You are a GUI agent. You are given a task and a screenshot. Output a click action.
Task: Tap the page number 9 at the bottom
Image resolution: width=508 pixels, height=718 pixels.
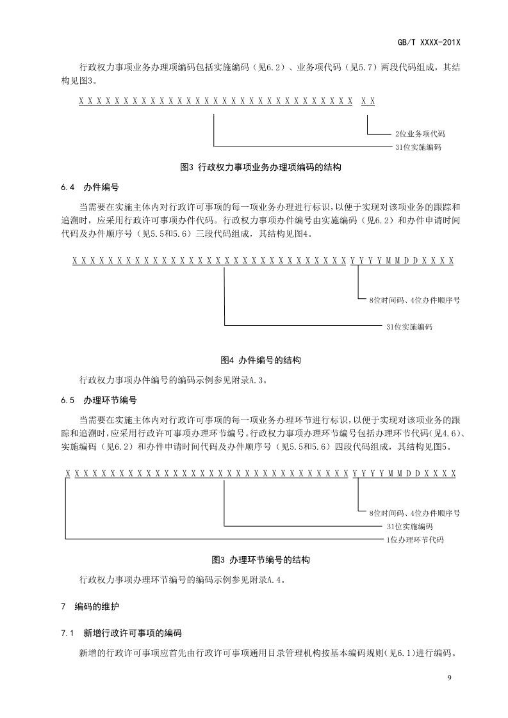[450, 678]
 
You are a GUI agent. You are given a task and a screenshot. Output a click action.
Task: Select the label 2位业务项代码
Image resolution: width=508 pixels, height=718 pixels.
[420, 134]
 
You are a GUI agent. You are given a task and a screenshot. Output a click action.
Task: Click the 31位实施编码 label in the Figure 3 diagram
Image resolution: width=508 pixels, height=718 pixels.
[418, 147]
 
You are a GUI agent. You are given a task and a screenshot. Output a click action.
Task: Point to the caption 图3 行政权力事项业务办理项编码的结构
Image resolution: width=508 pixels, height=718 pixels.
[261, 168]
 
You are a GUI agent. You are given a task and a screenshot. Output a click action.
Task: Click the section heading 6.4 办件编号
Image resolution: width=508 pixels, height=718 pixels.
[90, 187]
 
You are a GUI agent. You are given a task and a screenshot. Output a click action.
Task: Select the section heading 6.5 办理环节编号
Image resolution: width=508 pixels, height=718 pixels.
[99, 400]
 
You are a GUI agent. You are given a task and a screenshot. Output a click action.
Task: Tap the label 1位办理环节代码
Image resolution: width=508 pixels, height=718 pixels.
[414, 540]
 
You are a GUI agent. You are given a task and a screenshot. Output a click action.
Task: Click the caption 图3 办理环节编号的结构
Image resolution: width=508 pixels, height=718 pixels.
[261, 559]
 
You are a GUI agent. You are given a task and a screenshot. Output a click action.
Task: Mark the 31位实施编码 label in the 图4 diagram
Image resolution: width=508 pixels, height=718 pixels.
[409, 326]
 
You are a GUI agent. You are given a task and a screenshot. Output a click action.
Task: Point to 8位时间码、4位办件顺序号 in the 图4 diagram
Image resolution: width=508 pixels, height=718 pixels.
[414, 299]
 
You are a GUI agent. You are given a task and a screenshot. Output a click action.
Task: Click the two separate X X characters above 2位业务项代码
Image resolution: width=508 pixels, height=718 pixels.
[368, 101]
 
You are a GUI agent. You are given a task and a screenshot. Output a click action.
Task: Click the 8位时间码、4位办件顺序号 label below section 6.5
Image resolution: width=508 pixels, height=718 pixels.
[414, 513]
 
